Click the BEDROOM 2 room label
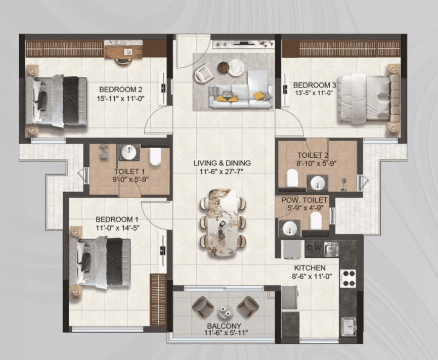point(121,89)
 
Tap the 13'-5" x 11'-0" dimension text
point(314,93)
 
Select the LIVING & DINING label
point(222,163)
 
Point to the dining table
point(223,223)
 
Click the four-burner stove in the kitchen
point(348,278)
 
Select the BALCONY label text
point(224,326)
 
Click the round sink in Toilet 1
point(129,153)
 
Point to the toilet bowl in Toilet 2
point(292,177)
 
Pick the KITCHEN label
point(310,268)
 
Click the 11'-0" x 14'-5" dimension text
point(118,228)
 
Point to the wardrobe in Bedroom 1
point(158,300)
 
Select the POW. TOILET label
point(304,200)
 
